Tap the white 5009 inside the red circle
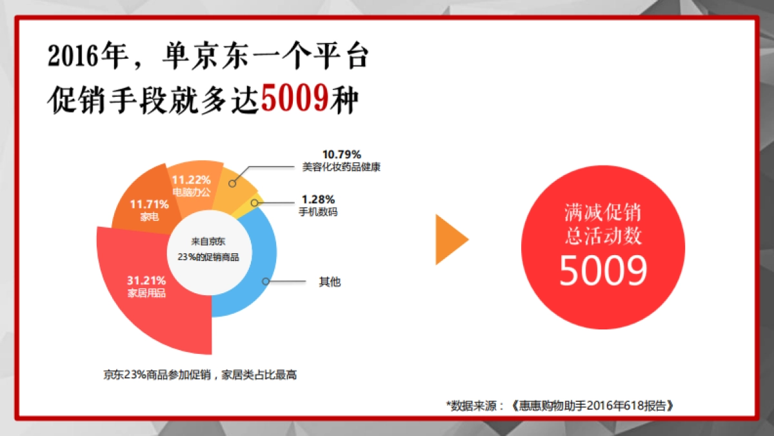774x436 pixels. click(x=602, y=271)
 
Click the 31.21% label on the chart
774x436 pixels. click(x=146, y=281)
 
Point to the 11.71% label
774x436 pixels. click(x=149, y=205)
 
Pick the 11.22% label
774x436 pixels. click(x=192, y=180)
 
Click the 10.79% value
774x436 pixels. click(x=341, y=154)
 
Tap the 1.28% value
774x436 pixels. click(x=318, y=200)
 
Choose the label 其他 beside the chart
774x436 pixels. click(x=330, y=282)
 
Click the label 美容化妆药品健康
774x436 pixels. click(x=341, y=167)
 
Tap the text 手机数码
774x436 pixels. click(x=318, y=211)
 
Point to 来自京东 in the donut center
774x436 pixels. click(x=208, y=242)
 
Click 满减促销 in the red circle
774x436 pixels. click(x=602, y=213)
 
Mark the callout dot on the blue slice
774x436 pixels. click(x=265, y=281)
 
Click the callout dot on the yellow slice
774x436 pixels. click(x=255, y=203)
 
